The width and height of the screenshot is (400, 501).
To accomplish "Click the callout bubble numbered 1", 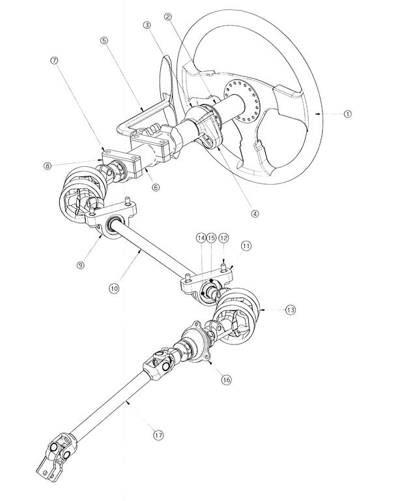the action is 348,114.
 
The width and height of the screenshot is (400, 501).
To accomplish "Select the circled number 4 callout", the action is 255,213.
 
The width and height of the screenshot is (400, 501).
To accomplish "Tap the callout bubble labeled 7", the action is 55,60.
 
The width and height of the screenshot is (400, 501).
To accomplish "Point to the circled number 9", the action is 81,265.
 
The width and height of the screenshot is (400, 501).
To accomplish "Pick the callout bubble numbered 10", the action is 114,288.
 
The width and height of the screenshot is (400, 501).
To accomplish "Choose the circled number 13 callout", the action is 291,310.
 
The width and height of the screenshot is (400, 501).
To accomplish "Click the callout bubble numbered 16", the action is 226,380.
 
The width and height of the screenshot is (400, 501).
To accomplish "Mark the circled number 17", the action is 158,435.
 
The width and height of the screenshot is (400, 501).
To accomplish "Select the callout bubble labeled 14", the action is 201,238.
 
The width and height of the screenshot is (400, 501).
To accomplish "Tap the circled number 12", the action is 224,238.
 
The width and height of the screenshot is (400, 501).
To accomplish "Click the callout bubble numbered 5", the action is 104,40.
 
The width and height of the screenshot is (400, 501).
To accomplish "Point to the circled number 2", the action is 169,17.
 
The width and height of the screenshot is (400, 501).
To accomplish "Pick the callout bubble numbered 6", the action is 156,187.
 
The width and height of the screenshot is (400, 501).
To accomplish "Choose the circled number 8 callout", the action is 48,166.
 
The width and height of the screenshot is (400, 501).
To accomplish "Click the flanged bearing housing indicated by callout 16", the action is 196,342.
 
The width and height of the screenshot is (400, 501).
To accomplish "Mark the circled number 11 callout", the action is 246,246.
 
